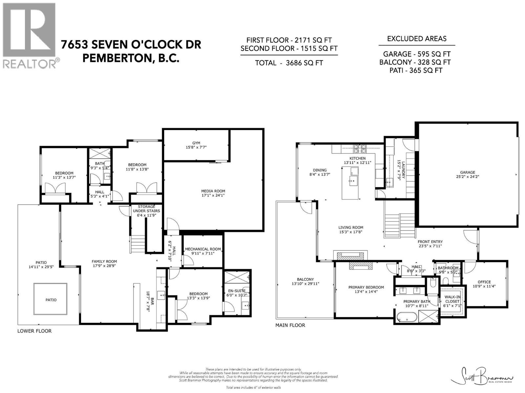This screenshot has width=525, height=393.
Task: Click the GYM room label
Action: (x=196, y=143)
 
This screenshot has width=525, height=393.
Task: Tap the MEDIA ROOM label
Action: (x=213, y=191)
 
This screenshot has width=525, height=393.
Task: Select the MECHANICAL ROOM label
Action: (x=203, y=249)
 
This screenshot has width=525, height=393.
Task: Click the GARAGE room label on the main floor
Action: (x=467, y=172)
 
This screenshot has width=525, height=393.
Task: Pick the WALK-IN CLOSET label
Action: (x=452, y=299)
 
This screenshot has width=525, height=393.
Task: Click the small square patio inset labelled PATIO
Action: (x=51, y=299)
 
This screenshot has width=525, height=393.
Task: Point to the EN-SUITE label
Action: (x=237, y=290)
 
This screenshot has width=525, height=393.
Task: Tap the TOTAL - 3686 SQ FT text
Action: (x=289, y=63)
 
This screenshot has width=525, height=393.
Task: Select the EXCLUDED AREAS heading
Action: (x=417, y=39)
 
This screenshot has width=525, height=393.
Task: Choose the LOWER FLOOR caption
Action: (x=34, y=331)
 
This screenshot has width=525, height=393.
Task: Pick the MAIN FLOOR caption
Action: (x=290, y=325)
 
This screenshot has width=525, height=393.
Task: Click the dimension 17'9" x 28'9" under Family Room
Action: (x=104, y=266)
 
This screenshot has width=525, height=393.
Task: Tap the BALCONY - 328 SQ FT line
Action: (x=415, y=62)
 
